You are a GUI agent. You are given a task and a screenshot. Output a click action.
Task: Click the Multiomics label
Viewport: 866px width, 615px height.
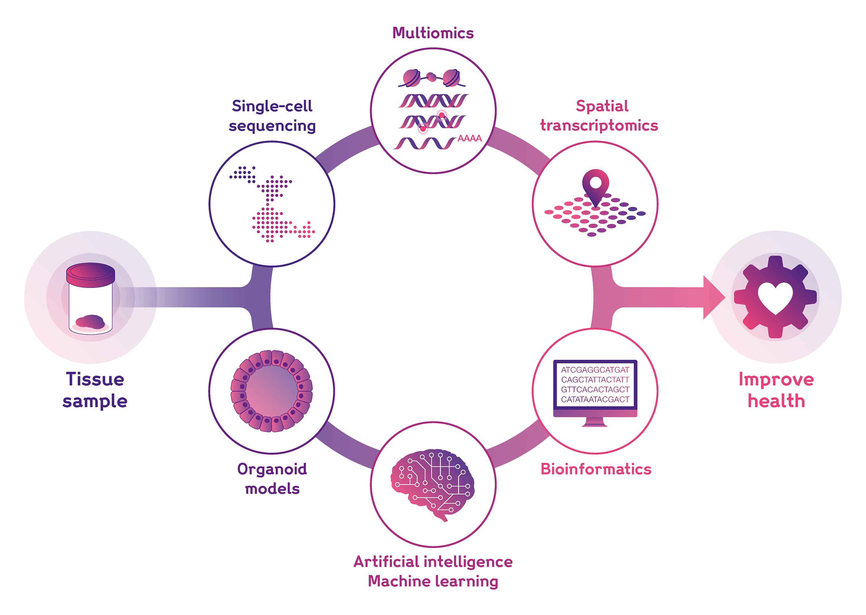tap(433, 33)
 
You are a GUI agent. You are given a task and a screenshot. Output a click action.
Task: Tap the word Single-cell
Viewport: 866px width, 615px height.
tap(272, 106)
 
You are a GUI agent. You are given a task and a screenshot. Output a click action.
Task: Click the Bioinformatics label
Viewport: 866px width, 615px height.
tap(596, 469)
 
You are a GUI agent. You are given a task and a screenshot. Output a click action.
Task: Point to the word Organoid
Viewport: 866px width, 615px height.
tap(272, 469)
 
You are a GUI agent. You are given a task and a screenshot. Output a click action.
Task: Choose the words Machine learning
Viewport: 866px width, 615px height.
tap(433, 581)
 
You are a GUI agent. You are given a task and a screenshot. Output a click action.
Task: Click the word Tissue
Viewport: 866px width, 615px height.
tap(95, 380)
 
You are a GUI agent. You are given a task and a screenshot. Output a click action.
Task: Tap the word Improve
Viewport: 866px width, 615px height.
tap(776, 380)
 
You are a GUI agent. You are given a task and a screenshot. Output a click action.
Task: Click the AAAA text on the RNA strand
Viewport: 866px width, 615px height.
tap(469, 139)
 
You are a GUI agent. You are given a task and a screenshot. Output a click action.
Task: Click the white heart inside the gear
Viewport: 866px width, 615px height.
tap(775, 297)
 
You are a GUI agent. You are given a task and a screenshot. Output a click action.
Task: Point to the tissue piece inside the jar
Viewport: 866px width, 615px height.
tap(90, 322)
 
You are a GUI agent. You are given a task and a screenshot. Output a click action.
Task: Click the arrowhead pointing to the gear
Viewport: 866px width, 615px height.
tap(713, 298)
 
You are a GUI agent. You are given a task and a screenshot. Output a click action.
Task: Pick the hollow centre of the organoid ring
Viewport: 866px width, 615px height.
tap(272, 391)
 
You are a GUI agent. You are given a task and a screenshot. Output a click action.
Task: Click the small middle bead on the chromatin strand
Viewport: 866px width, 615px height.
tap(431, 77)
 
